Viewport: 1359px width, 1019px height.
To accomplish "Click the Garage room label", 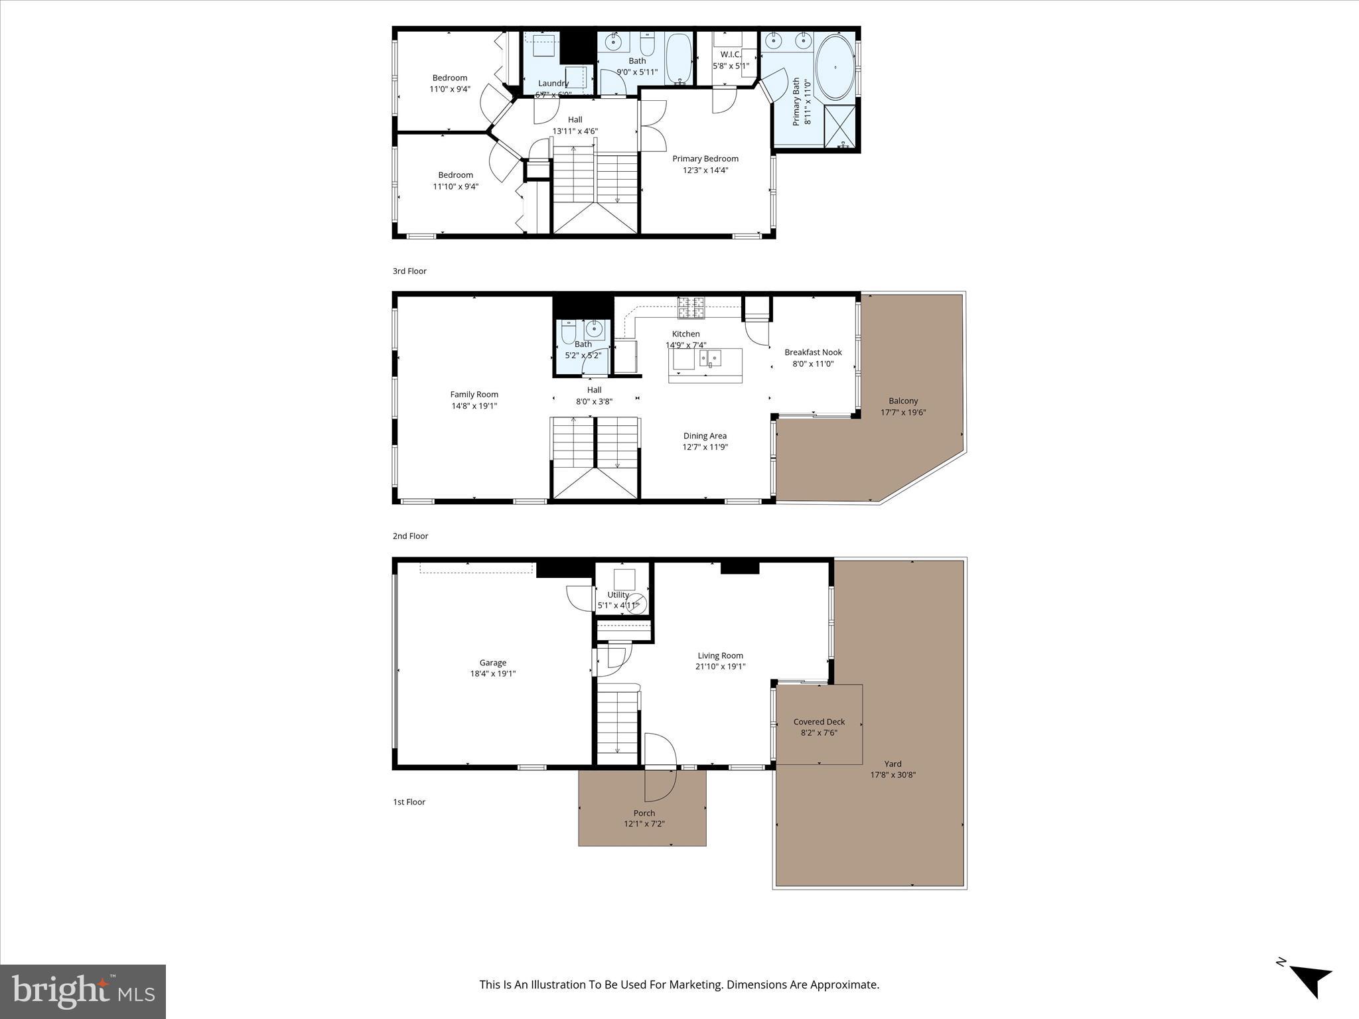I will tap(492, 662).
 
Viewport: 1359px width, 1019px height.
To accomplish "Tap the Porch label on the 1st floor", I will tap(644, 813).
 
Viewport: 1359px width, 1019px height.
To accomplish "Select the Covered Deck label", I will tap(819, 722).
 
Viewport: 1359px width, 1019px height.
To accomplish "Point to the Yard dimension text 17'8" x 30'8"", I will tap(893, 775).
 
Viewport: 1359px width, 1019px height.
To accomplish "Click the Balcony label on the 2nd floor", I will tap(903, 401).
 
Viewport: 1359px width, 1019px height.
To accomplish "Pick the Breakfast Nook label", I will tap(813, 352).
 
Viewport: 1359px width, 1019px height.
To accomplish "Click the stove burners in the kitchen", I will tap(691, 307).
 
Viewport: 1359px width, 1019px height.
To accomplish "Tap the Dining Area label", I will tap(705, 436).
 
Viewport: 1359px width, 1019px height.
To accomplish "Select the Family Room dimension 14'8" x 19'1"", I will tap(474, 405).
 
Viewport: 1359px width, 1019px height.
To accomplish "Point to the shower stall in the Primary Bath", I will tap(840, 126).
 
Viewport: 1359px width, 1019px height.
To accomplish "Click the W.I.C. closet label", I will tap(730, 54).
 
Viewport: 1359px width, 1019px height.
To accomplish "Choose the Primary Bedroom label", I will tap(705, 159).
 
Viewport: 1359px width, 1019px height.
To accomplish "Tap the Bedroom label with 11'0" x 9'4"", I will tap(449, 78).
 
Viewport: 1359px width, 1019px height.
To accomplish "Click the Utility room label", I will tap(618, 594).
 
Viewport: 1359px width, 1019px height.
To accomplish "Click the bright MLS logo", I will tap(83, 991).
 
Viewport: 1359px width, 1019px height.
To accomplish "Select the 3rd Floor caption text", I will tap(409, 271).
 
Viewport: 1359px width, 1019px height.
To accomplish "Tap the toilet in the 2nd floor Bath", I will tap(569, 332).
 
